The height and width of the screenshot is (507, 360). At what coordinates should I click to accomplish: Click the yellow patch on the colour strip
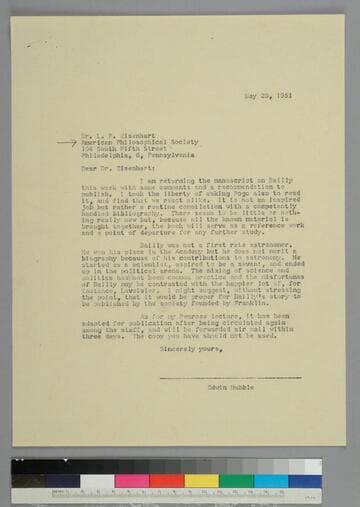[201, 480]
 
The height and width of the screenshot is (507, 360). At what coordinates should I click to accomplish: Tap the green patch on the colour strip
[236, 480]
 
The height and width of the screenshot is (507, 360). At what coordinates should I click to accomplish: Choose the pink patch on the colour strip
[131, 480]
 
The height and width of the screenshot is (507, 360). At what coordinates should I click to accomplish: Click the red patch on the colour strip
[166, 480]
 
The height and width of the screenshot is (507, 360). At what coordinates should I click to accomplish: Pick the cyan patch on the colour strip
[270, 480]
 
